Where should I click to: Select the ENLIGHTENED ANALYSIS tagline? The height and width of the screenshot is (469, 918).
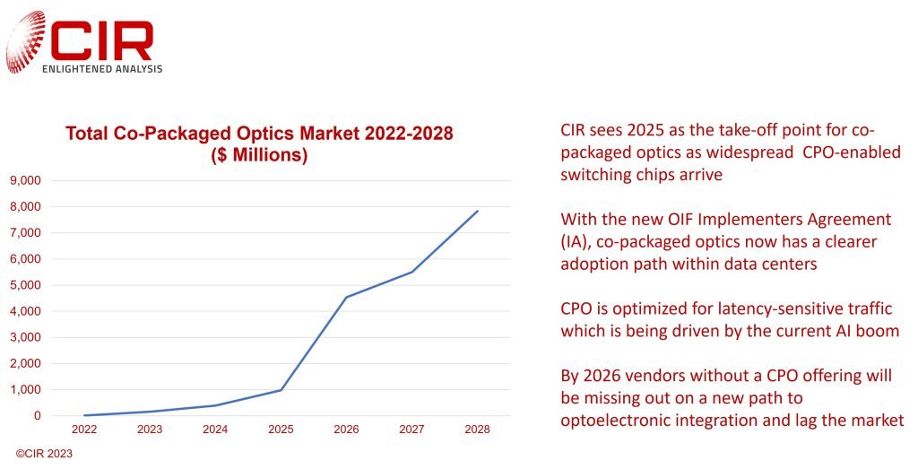pos(102,69)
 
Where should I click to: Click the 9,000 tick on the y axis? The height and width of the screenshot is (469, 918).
pos(25,180)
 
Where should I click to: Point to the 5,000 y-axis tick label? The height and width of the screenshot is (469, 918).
pos(25,285)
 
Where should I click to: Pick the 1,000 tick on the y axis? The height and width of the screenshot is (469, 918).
pos(25,390)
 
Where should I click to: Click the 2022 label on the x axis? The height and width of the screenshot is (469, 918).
pos(84,430)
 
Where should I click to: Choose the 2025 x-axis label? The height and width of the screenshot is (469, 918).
pos(281,430)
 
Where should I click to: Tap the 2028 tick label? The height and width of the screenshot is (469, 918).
pos(478,430)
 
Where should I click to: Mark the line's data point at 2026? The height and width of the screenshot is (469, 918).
pos(346,297)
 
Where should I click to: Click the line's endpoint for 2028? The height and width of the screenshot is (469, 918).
pos(478,211)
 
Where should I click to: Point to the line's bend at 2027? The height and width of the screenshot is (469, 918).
pos(412,272)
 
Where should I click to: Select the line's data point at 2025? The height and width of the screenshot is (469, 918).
pos(281,390)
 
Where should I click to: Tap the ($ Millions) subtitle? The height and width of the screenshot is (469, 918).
pos(259,155)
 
